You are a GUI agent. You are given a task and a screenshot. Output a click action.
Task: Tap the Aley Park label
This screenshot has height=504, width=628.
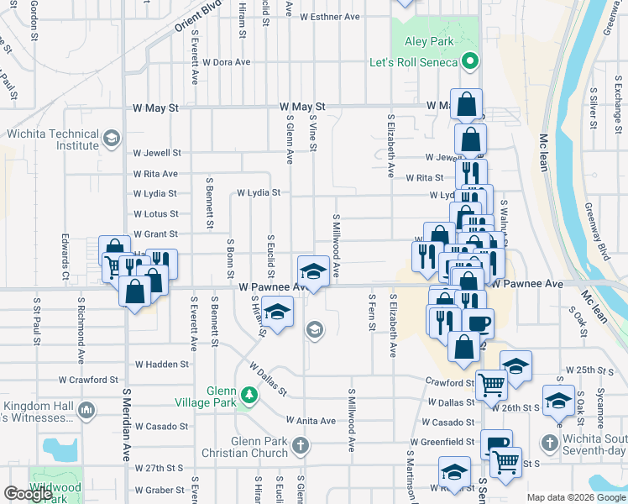coord(430,41)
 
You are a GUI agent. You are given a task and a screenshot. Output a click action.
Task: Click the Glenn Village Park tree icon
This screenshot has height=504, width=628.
coord(249,394)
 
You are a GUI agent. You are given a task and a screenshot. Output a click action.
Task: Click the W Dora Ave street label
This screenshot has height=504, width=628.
coord(220,62)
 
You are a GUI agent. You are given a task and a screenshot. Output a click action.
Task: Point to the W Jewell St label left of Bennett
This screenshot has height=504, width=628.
coord(158,153)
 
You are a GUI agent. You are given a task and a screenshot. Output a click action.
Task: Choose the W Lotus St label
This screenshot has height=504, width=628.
coord(156,214)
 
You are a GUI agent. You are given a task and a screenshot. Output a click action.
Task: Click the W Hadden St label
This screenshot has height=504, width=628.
coord(162,365)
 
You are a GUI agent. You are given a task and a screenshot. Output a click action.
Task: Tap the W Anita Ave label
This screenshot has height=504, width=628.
coord(310,421)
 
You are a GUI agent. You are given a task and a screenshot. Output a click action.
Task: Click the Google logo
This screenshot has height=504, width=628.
coord(29,493)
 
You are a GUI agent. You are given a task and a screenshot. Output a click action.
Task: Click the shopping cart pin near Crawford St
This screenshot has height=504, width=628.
coord(492,383)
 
